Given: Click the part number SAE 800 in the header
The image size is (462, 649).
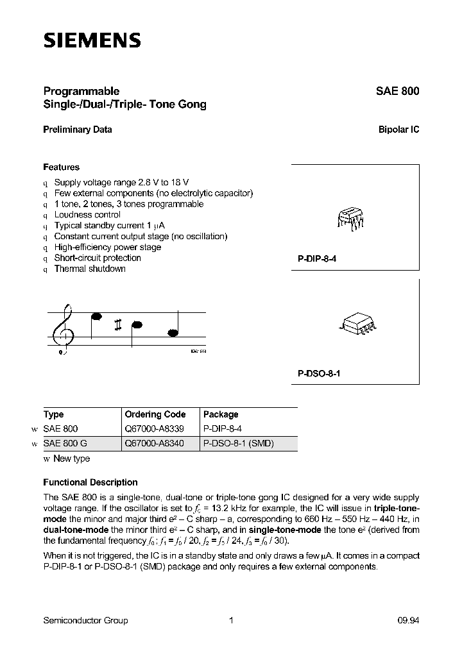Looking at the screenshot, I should pyautogui.click(x=397, y=91).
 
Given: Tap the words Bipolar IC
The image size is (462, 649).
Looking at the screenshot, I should pyautogui.click(x=398, y=129).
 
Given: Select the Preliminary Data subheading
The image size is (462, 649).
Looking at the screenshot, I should pyautogui.click(x=78, y=129).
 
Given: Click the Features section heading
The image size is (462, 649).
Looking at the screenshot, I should pyautogui.click(x=61, y=167).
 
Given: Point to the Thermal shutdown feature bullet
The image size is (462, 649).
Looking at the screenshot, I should pyautogui.click(x=89, y=269).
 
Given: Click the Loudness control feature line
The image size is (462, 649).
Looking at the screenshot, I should pyautogui.click(x=87, y=215).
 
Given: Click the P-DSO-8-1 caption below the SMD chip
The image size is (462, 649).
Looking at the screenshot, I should pyautogui.click(x=319, y=373).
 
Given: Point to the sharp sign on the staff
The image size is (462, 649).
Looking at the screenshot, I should pyautogui.click(x=118, y=325).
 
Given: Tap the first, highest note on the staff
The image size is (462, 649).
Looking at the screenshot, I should pyautogui.click(x=97, y=316).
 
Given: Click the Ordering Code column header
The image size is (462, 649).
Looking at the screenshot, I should pyautogui.click(x=155, y=414).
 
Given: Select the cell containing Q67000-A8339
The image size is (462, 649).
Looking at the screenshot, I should pyautogui.click(x=153, y=428).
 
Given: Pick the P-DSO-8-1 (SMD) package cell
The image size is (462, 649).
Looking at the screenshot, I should pyautogui.click(x=237, y=443).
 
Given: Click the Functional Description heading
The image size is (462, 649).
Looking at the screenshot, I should pyautogui.click(x=90, y=482).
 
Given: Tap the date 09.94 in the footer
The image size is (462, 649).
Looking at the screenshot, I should pyautogui.click(x=408, y=620).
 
